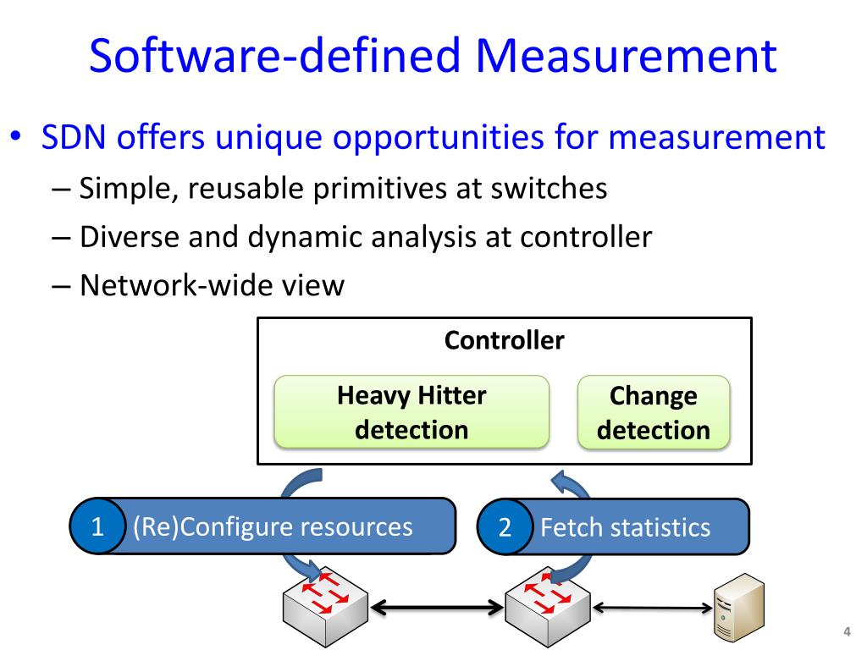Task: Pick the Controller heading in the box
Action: point(505,340)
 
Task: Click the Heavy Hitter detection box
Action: point(411,412)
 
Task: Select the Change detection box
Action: point(653,412)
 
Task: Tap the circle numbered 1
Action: point(97,527)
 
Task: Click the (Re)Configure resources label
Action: point(273,526)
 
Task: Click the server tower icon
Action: point(738,609)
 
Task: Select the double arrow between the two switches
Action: point(437,606)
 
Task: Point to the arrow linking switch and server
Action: point(653,607)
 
